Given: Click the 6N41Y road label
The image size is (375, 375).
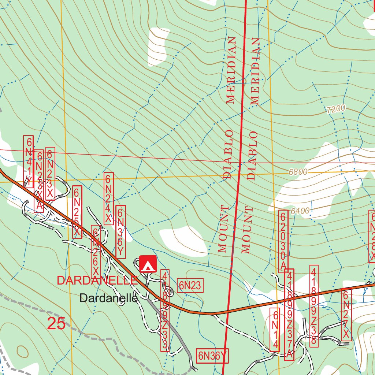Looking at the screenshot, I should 28,161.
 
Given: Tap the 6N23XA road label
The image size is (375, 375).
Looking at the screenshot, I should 39,181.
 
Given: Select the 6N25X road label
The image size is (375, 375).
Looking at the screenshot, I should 77,212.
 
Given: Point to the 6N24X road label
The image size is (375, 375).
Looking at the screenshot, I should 108,198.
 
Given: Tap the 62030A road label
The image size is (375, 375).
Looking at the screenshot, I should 283,241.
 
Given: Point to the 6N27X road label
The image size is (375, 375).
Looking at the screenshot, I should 346,314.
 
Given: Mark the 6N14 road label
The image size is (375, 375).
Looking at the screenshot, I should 275,330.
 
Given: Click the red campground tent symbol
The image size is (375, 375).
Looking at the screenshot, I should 148,264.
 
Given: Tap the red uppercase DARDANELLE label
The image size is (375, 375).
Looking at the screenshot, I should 97,281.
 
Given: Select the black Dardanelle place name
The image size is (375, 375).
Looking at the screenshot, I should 108,298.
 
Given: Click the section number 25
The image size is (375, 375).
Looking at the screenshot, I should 56,324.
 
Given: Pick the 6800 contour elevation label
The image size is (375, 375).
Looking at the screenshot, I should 298,171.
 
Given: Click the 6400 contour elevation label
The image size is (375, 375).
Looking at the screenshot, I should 300,211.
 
